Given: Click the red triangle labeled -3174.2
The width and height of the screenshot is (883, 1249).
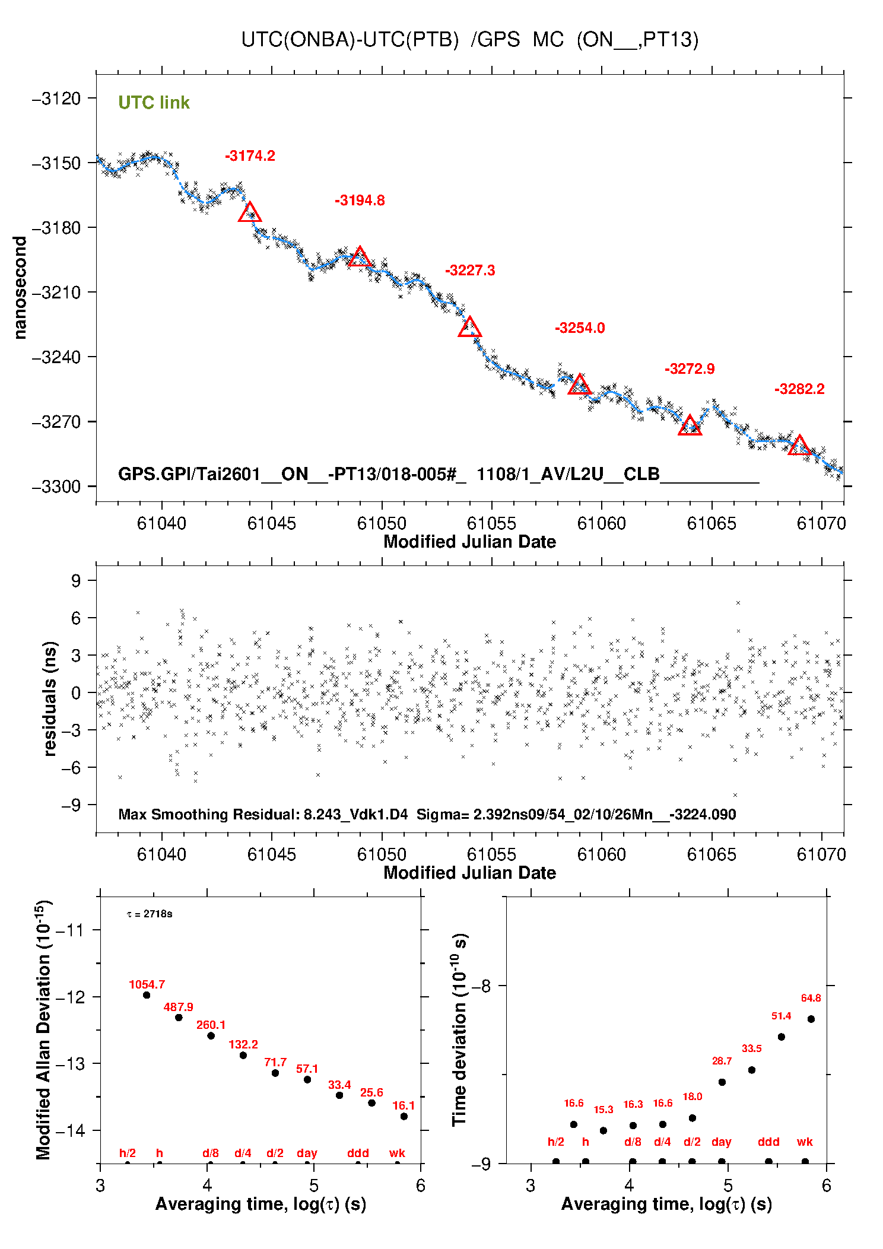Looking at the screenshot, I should pos(250,212).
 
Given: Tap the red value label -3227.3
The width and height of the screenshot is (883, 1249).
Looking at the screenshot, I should pos(470,271).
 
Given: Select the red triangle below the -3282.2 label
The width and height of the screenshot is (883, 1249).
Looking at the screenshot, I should pos(799,446).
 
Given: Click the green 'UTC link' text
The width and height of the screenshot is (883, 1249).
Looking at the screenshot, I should pos(154,103).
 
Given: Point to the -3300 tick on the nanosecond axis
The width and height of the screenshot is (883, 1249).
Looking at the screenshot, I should pos(56,487).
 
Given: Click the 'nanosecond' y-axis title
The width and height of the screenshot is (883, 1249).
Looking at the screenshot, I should pos(20,288).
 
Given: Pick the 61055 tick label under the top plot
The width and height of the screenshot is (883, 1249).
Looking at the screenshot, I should pos(491,523).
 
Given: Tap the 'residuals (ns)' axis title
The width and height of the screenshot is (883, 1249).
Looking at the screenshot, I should pos(50,698).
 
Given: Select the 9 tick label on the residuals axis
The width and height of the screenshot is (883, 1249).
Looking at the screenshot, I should pos(76,580).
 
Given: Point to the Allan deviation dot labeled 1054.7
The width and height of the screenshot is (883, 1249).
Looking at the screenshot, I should pos(147,995).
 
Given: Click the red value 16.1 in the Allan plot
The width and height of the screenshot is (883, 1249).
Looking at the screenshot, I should pos(404,1105).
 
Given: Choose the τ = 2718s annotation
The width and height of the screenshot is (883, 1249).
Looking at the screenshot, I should pos(150,914).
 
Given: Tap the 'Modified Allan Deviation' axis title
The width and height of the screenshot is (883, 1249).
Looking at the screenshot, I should pos(43,1029).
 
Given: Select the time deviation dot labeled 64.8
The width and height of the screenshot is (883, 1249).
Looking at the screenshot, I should pos(811,1019).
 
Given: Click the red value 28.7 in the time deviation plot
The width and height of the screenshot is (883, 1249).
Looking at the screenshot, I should pos(722,1061).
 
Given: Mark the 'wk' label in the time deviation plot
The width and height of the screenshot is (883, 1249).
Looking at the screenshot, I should pos(805,1142).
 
